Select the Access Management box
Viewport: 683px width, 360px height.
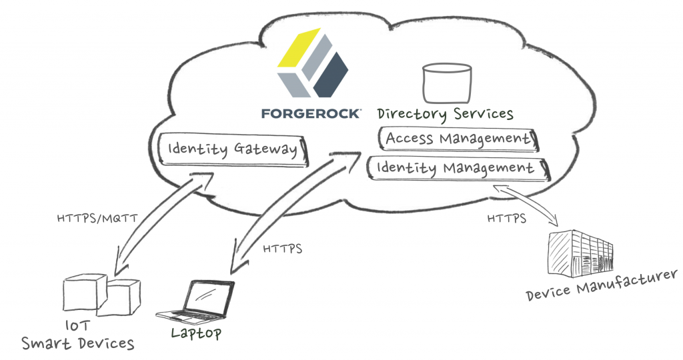458,139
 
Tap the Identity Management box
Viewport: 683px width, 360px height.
456,168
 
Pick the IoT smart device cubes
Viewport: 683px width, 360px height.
100,294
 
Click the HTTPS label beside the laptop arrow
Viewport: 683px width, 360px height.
283,249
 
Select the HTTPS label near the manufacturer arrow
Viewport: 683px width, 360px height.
506,218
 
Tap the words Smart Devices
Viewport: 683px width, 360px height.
77,343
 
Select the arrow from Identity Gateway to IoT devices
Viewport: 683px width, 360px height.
160,223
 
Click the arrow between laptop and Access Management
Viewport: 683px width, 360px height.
283,210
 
